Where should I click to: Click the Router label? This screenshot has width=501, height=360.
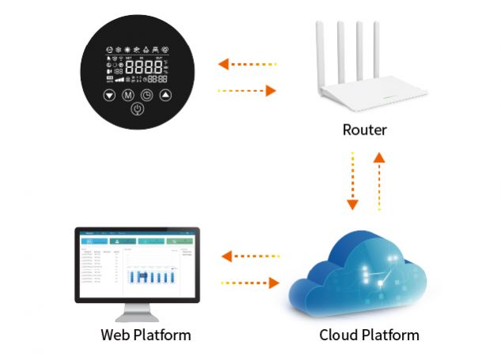pyautogui.click(x=364, y=130)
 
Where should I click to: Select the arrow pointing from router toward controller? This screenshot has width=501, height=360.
pyautogui.click(x=247, y=63)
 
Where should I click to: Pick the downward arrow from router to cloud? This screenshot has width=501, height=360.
pyautogui.click(x=352, y=183)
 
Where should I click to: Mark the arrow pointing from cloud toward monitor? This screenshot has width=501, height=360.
pyautogui.click(x=251, y=256)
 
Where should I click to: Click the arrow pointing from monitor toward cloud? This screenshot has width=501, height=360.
pyautogui.click(x=251, y=281)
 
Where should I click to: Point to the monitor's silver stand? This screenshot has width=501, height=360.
pyautogui.click(x=138, y=311)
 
